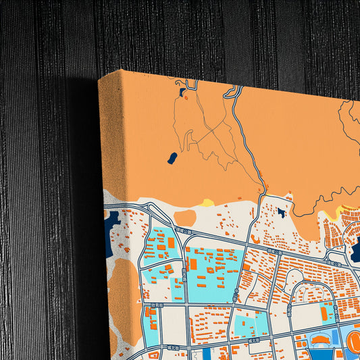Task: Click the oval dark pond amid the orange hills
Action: click(x=172, y=158)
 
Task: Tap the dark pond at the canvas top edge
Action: click(x=181, y=91)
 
